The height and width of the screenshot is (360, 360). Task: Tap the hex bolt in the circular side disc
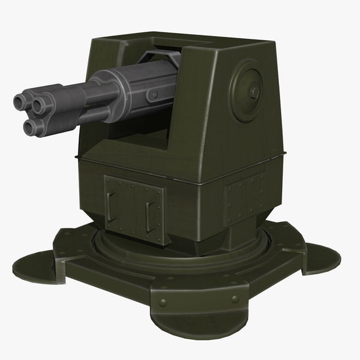[254, 92]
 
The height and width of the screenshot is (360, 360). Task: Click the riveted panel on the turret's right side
[244, 195]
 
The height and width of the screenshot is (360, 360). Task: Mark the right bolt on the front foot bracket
[235, 298]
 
